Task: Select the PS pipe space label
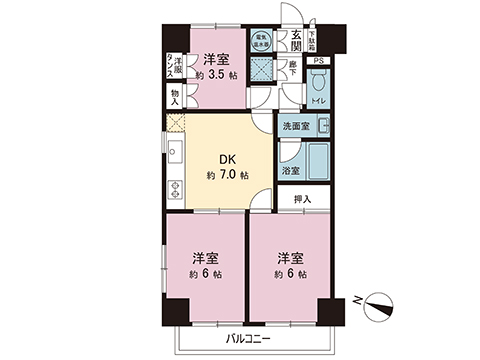(319, 62)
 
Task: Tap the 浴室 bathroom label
(291, 171)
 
